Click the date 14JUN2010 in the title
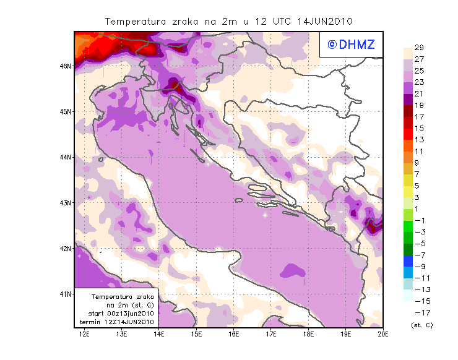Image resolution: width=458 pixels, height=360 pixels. coord(324,21)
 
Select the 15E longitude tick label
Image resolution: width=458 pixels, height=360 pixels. coord(197,335)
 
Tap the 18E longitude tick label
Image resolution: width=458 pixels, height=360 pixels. coord(308,335)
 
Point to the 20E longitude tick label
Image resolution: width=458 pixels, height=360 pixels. coord(383,335)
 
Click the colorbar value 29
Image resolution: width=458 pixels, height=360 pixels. coord(418,48)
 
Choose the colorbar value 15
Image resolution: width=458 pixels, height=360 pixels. coord(418,129)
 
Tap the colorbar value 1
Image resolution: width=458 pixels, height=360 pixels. coord(418,209)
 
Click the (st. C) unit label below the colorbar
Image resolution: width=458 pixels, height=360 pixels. coord(421,325)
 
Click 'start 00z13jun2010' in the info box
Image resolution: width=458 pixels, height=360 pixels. coord(121,314)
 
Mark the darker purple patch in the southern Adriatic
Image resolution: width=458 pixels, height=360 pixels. coord(293,270)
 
